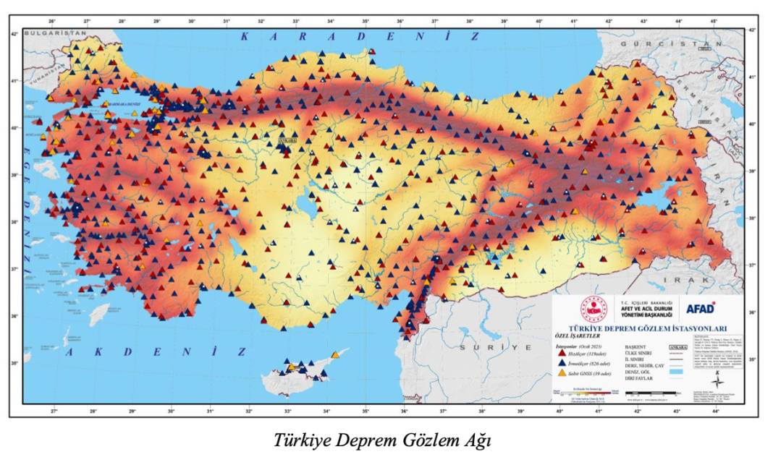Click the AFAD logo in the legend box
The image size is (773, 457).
[701, 307]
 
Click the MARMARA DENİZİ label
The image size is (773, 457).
[128, 104]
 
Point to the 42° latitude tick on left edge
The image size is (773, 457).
[14, 33]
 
